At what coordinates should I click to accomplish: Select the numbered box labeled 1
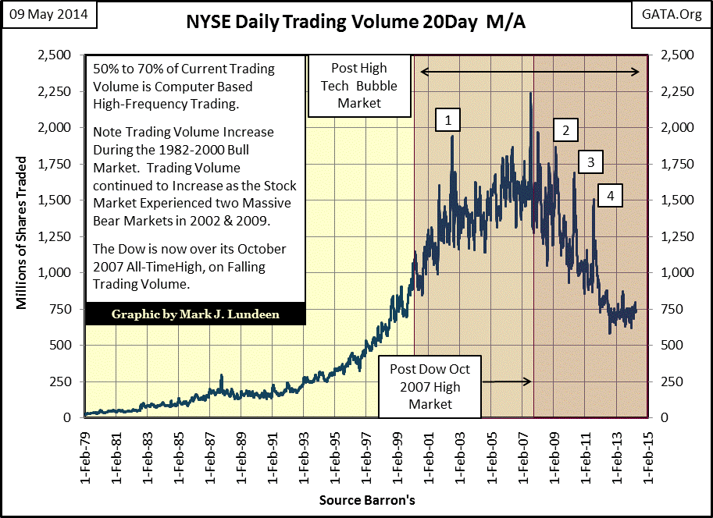[448, 119]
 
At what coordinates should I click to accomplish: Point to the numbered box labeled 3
[590, 162]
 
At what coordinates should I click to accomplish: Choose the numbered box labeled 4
[611, 194]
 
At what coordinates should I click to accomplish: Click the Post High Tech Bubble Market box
[359, 85]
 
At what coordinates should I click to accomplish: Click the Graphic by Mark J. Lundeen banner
[195, 314]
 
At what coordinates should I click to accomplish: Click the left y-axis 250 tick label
[65, 381]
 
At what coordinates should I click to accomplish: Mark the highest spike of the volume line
[530, 94]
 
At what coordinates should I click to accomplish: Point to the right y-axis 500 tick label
[671, 346]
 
